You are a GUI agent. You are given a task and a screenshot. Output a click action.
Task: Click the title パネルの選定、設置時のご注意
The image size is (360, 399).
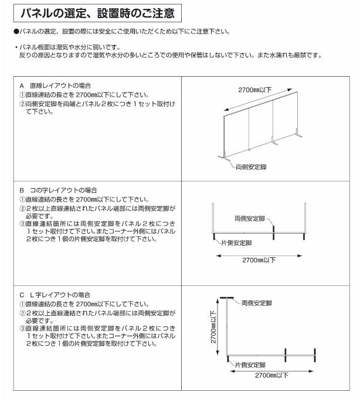coord(97,12)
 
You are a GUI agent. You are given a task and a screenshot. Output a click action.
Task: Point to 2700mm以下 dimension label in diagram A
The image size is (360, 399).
coord(254,90)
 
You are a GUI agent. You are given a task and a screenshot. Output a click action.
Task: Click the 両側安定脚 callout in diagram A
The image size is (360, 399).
coord(252,167)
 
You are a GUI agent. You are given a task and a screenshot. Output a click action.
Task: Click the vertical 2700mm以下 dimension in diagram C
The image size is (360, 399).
coord(214,328)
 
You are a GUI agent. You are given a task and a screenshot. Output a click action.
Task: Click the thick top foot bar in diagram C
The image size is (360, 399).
coord(227,296)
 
